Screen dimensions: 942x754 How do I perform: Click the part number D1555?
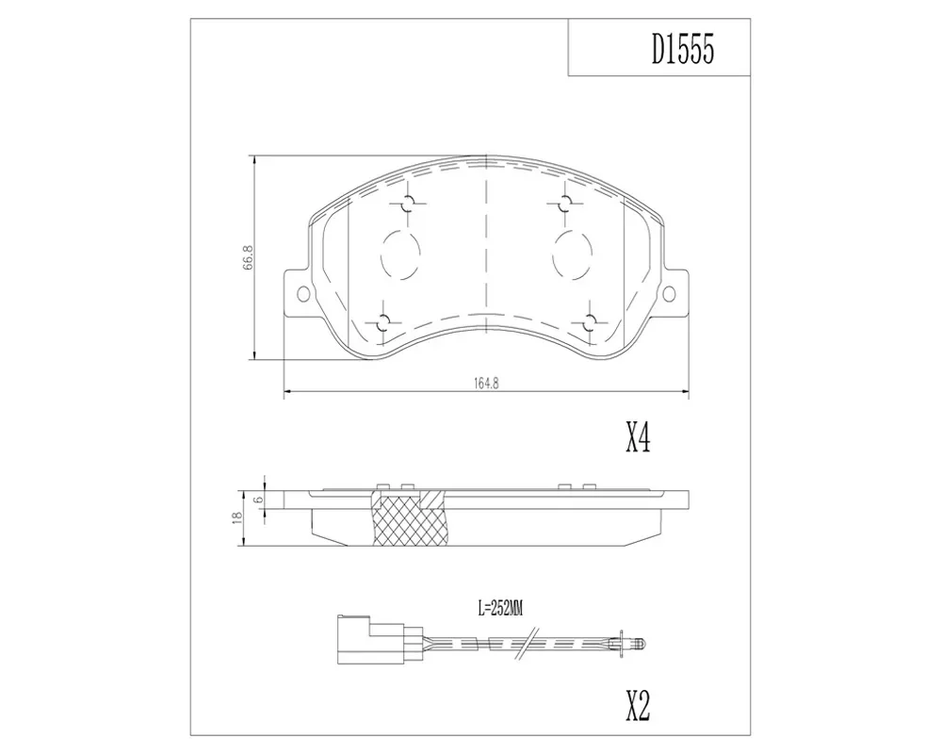tap(683, 48)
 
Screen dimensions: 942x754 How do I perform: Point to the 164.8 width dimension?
tap(487, 383)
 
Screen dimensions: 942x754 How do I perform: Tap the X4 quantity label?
tap(638, 437)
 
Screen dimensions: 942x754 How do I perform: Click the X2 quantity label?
tap(638, 706)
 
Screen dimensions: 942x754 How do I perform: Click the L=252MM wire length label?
tap(500, 609)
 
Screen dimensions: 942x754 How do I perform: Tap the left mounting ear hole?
tap(303, 293)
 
